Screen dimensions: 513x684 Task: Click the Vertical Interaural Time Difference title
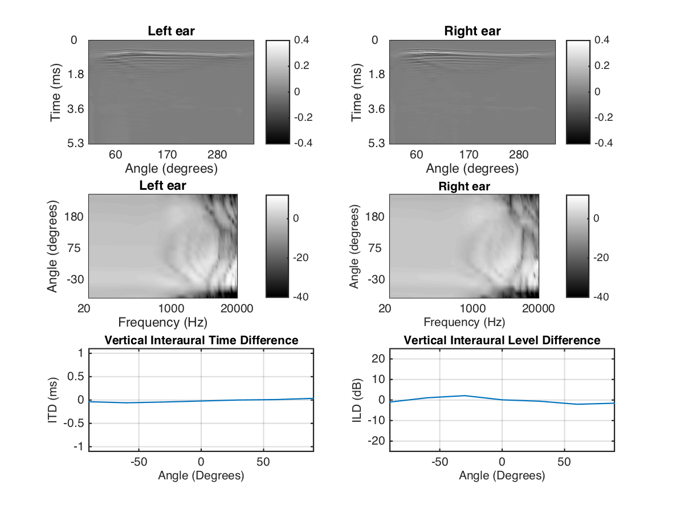201,340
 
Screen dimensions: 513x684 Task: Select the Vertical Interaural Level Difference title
502,340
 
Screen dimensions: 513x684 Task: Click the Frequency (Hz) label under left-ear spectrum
163,322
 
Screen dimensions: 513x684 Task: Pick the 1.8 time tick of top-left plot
75,75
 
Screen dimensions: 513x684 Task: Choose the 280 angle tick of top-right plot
519,154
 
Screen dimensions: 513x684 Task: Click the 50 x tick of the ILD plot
564,461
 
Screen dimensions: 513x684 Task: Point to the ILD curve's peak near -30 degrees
465,396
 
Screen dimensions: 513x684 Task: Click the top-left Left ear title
171,31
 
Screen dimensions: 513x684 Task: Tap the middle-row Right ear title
464,186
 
